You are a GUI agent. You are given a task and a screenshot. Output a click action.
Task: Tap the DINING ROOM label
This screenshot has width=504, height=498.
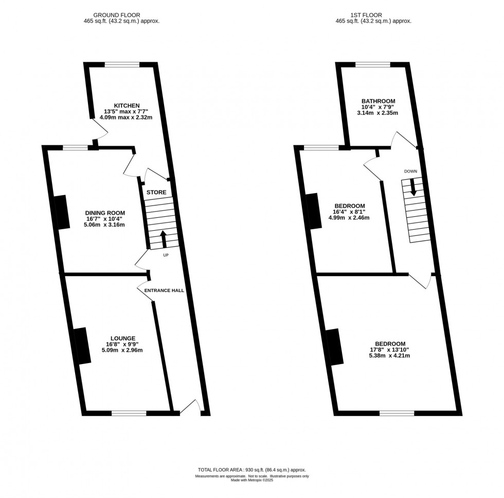(x=105, y=213)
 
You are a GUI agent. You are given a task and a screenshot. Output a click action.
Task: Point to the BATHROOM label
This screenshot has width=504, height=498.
(x=378, y=101)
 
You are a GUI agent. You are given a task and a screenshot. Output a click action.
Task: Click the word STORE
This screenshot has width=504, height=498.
(x=156, y=193)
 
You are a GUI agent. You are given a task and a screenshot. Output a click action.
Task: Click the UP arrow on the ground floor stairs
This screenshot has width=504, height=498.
(x=164, y=239)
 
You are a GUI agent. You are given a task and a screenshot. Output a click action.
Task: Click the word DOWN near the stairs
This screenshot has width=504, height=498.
(x=410, y=171)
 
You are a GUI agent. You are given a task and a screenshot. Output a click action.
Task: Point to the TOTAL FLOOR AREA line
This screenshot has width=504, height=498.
(x=251, y=470)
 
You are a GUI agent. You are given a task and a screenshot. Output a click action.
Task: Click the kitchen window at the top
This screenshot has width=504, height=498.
(x=122, y=64)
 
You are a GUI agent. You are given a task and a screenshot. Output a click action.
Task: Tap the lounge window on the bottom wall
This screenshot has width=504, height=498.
(x=129, y=412)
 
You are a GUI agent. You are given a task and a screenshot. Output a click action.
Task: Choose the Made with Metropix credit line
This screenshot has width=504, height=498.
(x=251, y=480)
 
